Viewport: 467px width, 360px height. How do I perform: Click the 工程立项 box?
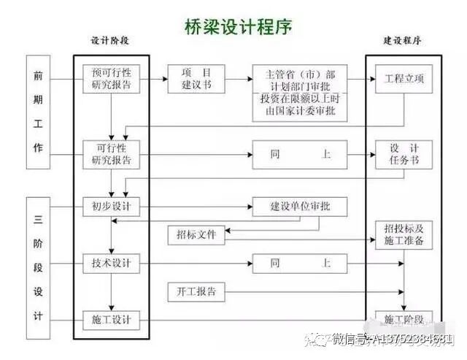(x=404, y=78)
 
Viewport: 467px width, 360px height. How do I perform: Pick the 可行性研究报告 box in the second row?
(x=111, y=154)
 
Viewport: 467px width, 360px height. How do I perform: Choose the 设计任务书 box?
(x=404, y=154)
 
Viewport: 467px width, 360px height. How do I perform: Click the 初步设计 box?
(x=111, y=207)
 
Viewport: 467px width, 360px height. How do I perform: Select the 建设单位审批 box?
(x=300, y=207)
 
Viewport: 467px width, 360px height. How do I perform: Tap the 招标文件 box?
(x=196, y=235)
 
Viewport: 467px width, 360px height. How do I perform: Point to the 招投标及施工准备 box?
(x=404, y=234)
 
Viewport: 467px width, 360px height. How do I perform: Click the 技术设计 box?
(x=111, y=263)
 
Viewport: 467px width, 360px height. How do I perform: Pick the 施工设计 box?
(x=111, y=319)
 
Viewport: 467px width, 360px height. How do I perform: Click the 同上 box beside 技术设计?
(x=300, y=263)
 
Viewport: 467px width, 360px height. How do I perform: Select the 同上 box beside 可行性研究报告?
(x=300, y=154)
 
